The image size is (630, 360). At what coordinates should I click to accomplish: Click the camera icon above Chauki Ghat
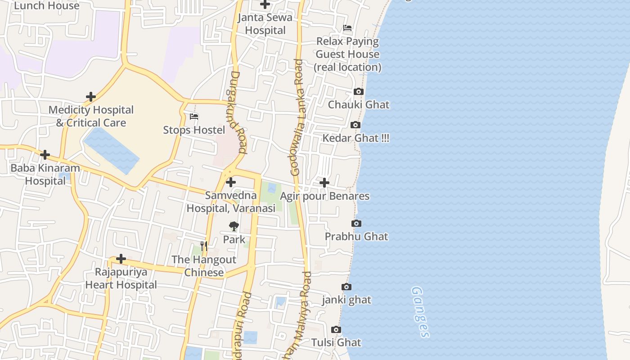tap(358, 92)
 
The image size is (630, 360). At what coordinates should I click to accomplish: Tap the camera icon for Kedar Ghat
tap(355, 125)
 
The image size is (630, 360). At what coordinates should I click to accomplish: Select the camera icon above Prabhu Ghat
tap(356, 224)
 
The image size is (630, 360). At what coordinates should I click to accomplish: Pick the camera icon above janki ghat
tap(346, 287)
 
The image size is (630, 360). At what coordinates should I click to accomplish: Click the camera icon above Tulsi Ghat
tap(336, 330)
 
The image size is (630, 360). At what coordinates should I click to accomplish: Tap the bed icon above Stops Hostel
tap(194, 117)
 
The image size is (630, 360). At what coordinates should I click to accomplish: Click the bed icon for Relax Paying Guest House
tap(347, 28)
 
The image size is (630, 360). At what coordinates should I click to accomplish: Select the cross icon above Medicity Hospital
tap(91, 97)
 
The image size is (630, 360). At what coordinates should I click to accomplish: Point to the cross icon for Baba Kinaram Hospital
tap(45, 155)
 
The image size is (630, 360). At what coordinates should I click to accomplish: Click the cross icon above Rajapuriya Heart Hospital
tap(121, 259)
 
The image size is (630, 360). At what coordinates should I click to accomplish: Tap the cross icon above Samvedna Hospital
tap(231, 182)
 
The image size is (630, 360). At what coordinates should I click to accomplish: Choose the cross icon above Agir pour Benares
tap(324, 183)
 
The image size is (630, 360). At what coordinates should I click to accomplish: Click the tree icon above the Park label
tap(234, 226)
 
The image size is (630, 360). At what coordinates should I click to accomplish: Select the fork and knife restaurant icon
tap(204, 246)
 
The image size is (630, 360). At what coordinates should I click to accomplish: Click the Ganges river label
tap(420, 312)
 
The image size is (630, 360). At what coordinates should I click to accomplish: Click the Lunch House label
tap(47, 5)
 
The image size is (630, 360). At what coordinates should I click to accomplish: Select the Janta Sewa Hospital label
tap(265, 24)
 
